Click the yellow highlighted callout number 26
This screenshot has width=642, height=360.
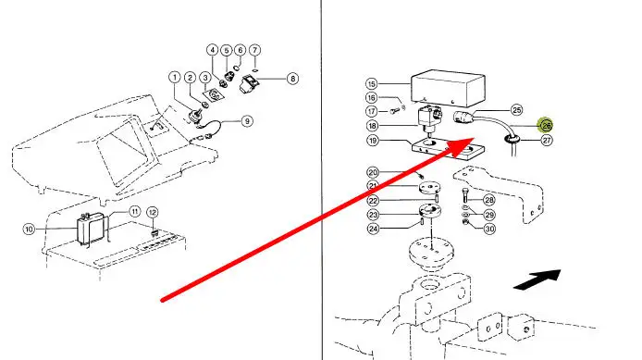click(546, 125)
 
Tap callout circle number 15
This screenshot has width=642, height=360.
click(371, 84)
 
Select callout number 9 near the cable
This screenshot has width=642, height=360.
click(247, 121)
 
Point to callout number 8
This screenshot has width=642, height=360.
click(292, 79)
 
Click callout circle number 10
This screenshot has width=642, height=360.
click(29, 229)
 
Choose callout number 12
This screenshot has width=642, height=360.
click(153, 212)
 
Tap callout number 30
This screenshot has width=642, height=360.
click(489, 229)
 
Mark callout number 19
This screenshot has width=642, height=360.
click(372, 141)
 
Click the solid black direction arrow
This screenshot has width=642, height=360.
click(537, 279)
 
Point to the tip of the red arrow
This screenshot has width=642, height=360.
click(475, 138)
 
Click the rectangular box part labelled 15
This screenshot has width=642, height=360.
click(449, 88)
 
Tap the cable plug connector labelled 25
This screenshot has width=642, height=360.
click(463, 118)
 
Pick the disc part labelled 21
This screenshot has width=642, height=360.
click(430, 188)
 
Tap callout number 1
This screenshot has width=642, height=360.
click(175, 77)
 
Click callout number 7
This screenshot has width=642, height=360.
click(254, 50)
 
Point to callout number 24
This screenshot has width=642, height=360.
click(373, 229)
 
